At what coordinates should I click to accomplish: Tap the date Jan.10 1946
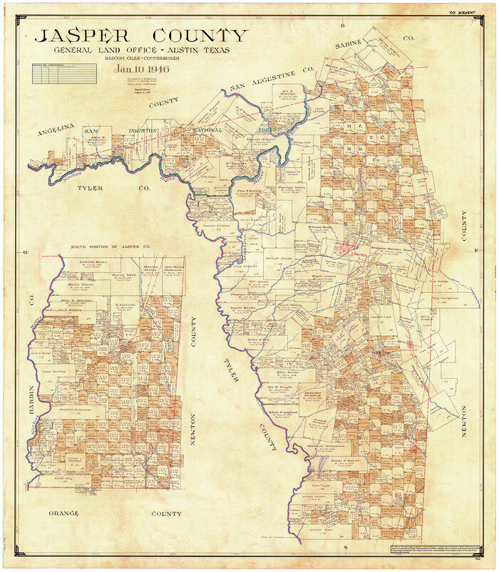pyautogui.click(x=142, y=69)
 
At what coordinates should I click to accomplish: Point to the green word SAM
pyautogui.click(x=91, y=131)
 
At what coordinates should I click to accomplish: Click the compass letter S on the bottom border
pyautogui.click(x=345, y=546)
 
